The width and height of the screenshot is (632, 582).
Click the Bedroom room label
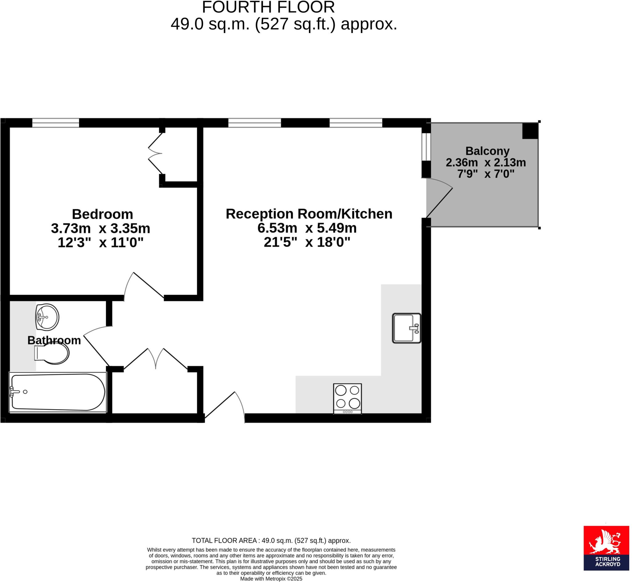102,214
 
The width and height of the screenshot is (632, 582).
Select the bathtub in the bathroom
58,393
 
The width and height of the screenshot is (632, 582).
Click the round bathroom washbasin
47,317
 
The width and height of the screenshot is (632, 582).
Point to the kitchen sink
406,328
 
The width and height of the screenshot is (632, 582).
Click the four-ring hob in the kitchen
347,398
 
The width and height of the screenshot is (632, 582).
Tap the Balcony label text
487,151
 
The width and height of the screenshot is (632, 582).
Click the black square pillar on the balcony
530,131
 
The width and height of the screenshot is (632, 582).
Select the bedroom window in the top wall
56,123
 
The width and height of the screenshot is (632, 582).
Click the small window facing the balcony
426,147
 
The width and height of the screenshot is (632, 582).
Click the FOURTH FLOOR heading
268,7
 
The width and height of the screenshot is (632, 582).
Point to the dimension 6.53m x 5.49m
307,228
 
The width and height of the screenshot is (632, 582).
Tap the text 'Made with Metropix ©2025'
271,579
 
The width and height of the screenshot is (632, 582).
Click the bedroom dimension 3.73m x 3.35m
101,229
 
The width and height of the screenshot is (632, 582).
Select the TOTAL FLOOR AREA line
271,541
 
